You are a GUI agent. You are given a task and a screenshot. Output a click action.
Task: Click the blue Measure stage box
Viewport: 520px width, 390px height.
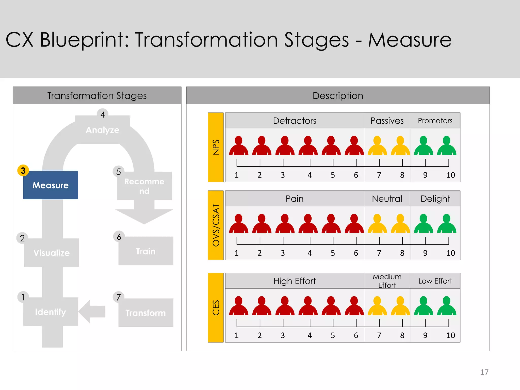[x=51, y=185]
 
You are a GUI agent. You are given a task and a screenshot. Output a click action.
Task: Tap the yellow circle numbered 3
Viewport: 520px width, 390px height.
[x=23, y=170]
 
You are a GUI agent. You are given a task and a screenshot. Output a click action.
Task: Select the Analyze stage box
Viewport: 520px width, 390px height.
[x=102, y=129]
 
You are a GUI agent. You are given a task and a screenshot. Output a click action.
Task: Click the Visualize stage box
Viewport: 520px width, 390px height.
[x=52, y=252]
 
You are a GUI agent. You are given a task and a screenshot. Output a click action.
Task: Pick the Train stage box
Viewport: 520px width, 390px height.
[x=146, y=251]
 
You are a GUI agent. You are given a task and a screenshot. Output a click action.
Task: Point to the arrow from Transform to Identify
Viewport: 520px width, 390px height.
[x=91, y=311]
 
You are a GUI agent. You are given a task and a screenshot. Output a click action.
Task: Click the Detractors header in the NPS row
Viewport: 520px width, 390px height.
[x=295, y=121]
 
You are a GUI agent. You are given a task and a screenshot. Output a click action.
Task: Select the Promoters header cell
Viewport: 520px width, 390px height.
[x=435, y=121]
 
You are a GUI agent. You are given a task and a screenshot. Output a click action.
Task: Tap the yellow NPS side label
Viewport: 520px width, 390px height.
[x=216, y=147]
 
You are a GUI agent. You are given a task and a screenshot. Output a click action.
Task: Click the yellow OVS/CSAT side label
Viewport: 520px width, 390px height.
[x=216, y=225]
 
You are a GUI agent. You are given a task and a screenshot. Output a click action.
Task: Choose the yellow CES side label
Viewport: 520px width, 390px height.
[x=216, y=307]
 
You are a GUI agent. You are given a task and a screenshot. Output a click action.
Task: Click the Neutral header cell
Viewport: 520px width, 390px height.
[x=387, y=199]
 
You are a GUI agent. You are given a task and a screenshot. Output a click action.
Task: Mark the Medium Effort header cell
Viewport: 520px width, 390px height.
[x=387, y=281]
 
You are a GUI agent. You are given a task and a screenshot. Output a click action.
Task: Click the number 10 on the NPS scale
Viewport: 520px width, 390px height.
[x=450, y=175]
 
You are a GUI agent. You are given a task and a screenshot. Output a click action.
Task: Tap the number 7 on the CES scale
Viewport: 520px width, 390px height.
[x=379, y=335]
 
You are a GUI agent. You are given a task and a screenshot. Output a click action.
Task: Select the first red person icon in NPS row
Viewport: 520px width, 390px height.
[x=239, y=146]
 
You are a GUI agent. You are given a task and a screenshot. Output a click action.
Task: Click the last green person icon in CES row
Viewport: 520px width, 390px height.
[x=447, y=306]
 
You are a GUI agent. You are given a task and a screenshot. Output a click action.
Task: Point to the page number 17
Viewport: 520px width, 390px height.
[x=484, y=372]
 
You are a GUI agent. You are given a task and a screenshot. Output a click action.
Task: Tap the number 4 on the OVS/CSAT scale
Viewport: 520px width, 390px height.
[x=310, y=253]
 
